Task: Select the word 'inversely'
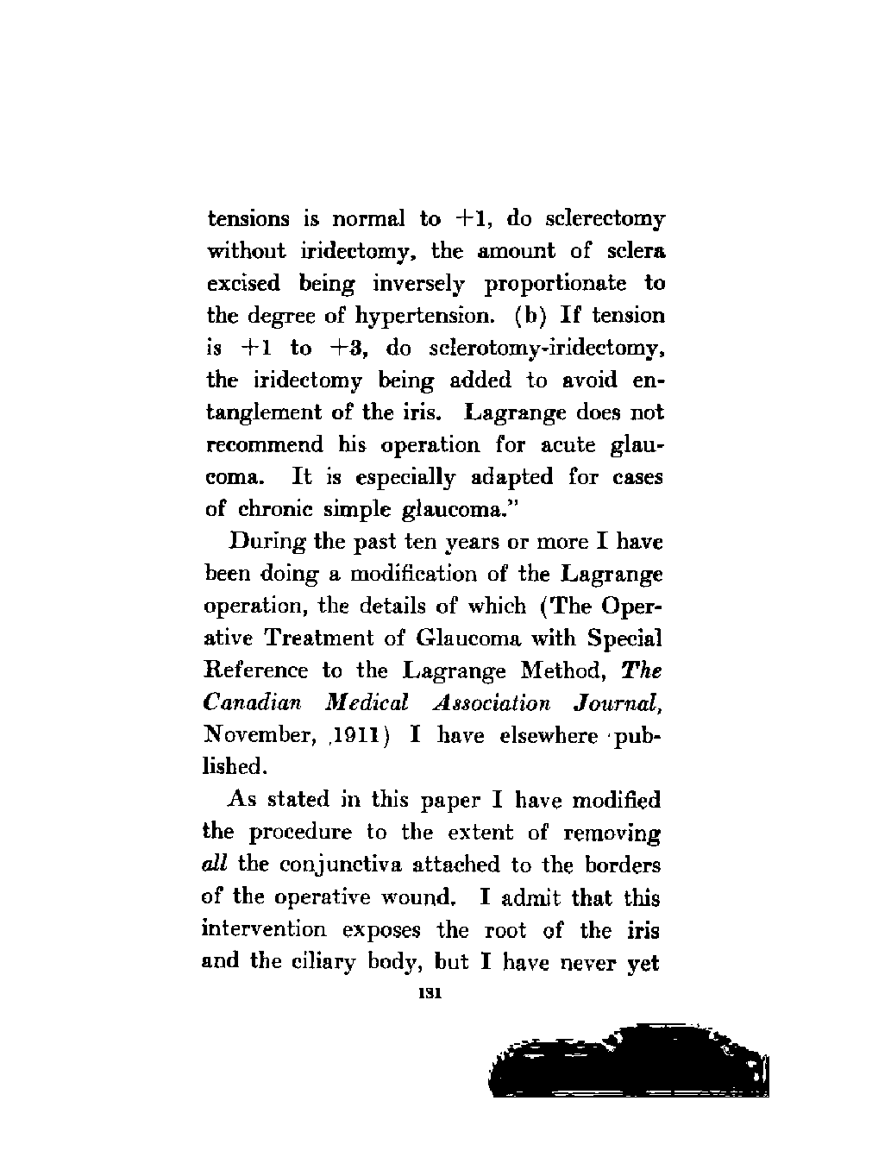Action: (x=418, y=284)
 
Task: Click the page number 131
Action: (x=430, y=994)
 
